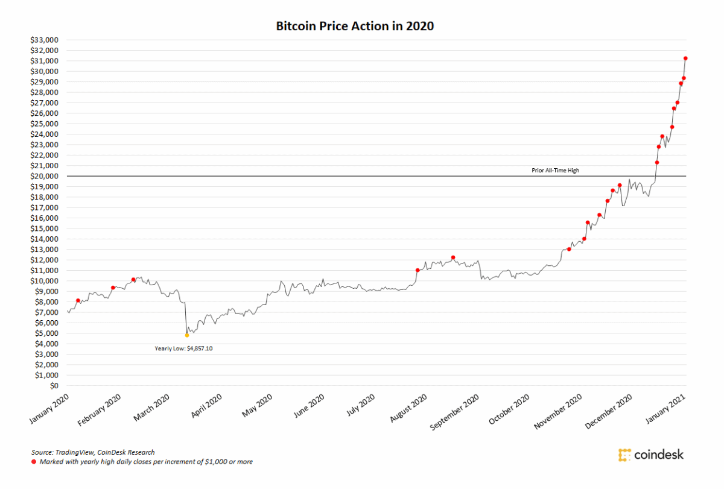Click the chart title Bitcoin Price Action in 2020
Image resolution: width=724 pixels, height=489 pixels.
pyautogui.click(x=355, y=27)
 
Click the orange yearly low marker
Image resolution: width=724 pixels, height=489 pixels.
pyautogui.click(x=187, y=335)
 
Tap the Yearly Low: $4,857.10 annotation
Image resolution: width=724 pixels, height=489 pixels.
pyautogui.click(x=183, y=348)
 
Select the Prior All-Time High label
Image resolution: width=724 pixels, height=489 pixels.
pyautogui.click(x=555, y=171)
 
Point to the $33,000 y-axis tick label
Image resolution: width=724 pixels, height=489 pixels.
pyautogui.click(x=45, y=40)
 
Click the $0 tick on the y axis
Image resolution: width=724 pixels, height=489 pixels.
pyautogui.click(x=55, y=386)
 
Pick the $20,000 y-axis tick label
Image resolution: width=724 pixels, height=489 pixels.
pyautogui.click(x=45, y=176)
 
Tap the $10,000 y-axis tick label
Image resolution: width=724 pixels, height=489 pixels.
pyautogui.click(x=45, y=281)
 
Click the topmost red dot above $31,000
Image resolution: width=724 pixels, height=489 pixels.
pyautogui.click(x=685, y=58)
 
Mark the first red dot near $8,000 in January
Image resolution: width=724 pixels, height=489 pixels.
pyautogui.click(x=78, y=300)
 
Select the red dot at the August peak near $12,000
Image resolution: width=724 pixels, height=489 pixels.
pyautogui.click(x=453, y=257)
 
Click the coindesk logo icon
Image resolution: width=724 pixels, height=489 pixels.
pyautogui.click(x=624, y=455)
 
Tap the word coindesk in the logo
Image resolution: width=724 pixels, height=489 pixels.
pyautogui.click(x=659, y=455)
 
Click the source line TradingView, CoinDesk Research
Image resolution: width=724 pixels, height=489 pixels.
pyautogui.click(x=93, y=452)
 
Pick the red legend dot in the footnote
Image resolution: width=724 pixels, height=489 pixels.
pyautogui.click(x=34, y=462)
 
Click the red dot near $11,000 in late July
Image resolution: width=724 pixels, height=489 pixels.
pyautogui.click(x=418, y=270)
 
